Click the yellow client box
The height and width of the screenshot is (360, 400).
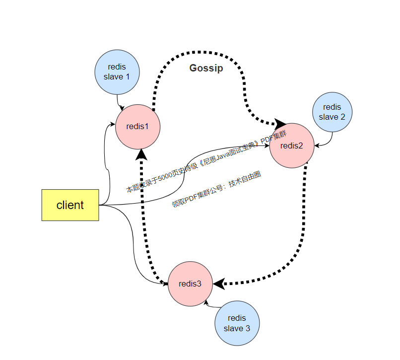(x=70, y=205)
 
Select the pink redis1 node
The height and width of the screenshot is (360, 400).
(x=137, y=126)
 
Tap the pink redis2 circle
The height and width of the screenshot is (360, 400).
(x=292, y=145)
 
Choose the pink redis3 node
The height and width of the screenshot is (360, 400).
(x=190, y=284)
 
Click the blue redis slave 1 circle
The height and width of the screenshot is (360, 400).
(x=117, y=72)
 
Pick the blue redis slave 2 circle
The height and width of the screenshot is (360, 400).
(x=332, y=112)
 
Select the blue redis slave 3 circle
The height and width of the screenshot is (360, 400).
(x=237, y=324)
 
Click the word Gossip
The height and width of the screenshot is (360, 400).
(x=206, y=69)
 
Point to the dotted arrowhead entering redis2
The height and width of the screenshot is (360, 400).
(x=280, y=124)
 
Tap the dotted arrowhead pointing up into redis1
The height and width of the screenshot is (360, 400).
(x=142, y=153)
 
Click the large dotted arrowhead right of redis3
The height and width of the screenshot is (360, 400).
(x=219, y=284)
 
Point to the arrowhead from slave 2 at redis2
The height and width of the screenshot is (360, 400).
(x=317, y=145)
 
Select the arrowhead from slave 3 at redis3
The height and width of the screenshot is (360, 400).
(x=206, y=301)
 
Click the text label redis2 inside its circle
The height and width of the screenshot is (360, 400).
(x=291, y=145)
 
